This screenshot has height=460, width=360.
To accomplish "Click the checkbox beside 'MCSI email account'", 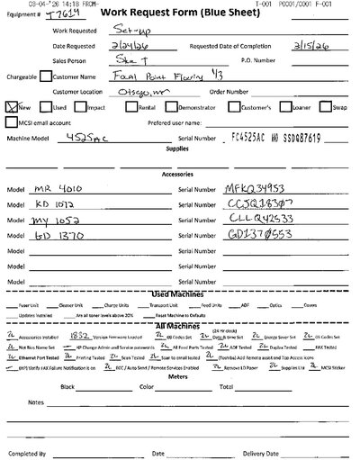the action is (x=13, y=122).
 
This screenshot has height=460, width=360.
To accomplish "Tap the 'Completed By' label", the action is (x=31, y=454).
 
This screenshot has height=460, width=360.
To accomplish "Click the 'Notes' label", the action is (x=35, y=427).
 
